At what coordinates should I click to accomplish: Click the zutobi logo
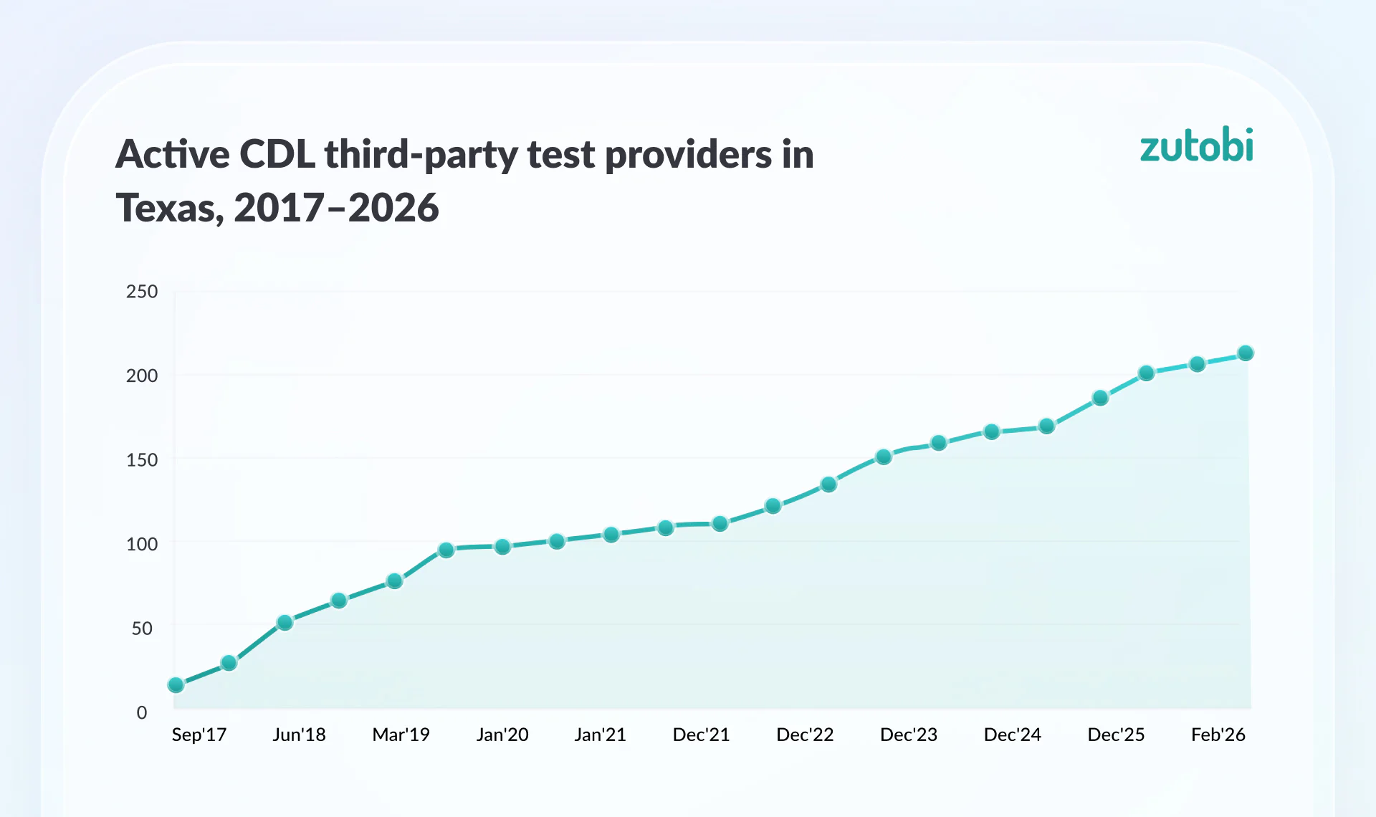coord(1196,145)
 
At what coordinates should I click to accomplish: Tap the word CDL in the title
coord(277,154)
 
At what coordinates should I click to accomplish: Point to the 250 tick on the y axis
coord(142,292)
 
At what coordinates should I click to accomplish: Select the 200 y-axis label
coord(142,376)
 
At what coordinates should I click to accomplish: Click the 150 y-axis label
coord(142,459)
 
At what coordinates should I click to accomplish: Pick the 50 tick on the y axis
coord(142,629)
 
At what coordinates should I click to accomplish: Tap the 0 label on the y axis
coord(142,712)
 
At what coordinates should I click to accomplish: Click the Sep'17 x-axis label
coord(199,735)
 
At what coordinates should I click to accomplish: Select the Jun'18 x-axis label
coord(299,735)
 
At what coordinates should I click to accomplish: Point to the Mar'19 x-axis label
coord(401,735)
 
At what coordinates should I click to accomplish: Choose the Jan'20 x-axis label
coord(502,735)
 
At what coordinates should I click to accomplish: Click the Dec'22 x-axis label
coord(805,735)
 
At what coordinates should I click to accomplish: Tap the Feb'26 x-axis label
coord(1218,735)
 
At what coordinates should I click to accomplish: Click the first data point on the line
coord(176,685)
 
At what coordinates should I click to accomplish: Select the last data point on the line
coord(1246,353)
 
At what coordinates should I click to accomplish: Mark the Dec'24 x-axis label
coord(1012,735)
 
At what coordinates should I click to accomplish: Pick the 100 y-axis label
coord(142,544)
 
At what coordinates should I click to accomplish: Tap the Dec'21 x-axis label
coord(701,735)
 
